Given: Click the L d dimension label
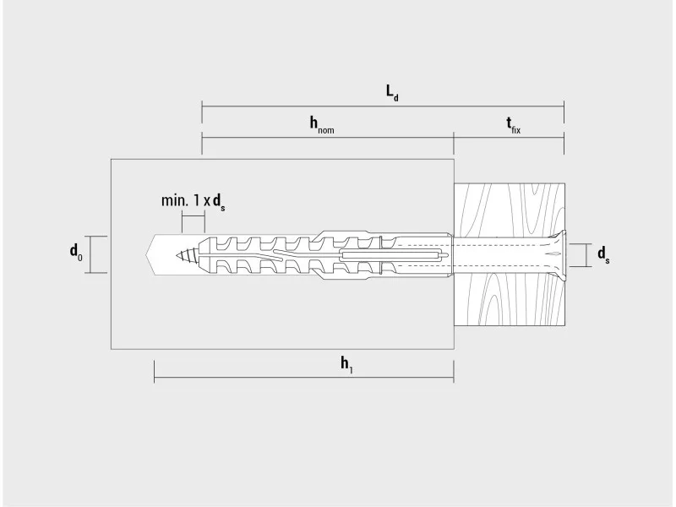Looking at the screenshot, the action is (392, 93).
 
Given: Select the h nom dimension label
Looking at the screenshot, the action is (322, 124).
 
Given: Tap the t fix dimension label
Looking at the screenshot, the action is (513, 125).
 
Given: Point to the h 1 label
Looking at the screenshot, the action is (347, 365).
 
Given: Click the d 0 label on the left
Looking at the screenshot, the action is (76, 253).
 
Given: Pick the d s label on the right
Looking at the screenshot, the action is (603, 255).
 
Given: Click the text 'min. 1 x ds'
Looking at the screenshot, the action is (193, 202).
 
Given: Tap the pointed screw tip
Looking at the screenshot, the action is (177, 256).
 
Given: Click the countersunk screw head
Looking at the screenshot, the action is (556, 255).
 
